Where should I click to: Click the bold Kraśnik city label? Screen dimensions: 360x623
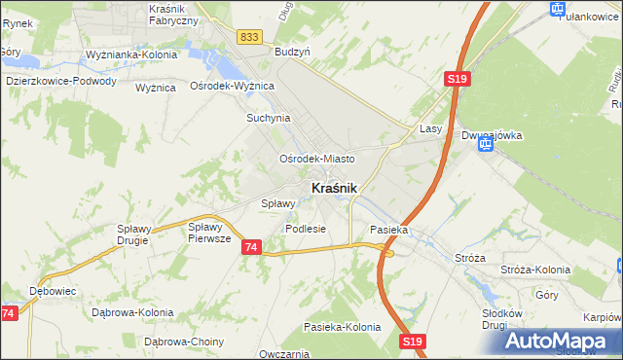tap(334, 187)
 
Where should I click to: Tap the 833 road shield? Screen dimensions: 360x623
tap(248, 37)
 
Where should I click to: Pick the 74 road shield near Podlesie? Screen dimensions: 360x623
tap(251, 248)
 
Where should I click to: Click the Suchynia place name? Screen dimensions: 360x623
tap(268, 119)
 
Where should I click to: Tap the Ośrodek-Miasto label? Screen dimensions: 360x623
tap(316, 158)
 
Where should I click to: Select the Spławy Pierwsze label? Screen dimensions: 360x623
tap(209, 232)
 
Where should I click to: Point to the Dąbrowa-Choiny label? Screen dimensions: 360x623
tap(184, 342)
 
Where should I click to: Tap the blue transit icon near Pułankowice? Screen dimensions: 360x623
tap(558, 10)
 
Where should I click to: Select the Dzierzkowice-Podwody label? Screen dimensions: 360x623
tap(60, 82)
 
